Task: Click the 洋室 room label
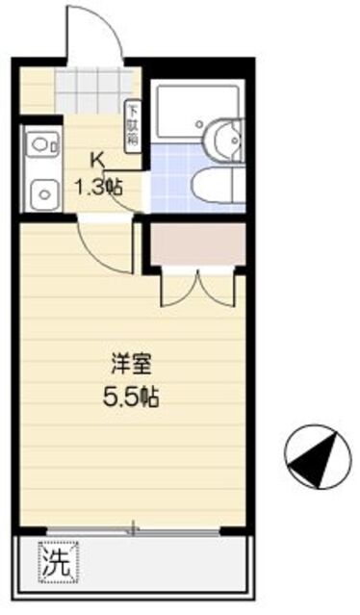pyautogui.click(x=131, y=365)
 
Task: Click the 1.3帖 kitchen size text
pyautogui.click(x=100, y=187)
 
